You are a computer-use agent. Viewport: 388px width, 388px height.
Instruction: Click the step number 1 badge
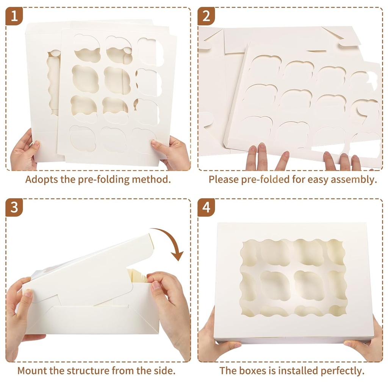(x=14, y=16)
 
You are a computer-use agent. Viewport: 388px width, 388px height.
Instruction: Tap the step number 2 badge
(x=206, y=16)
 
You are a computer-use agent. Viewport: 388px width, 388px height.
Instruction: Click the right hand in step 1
(x=172, y=152)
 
